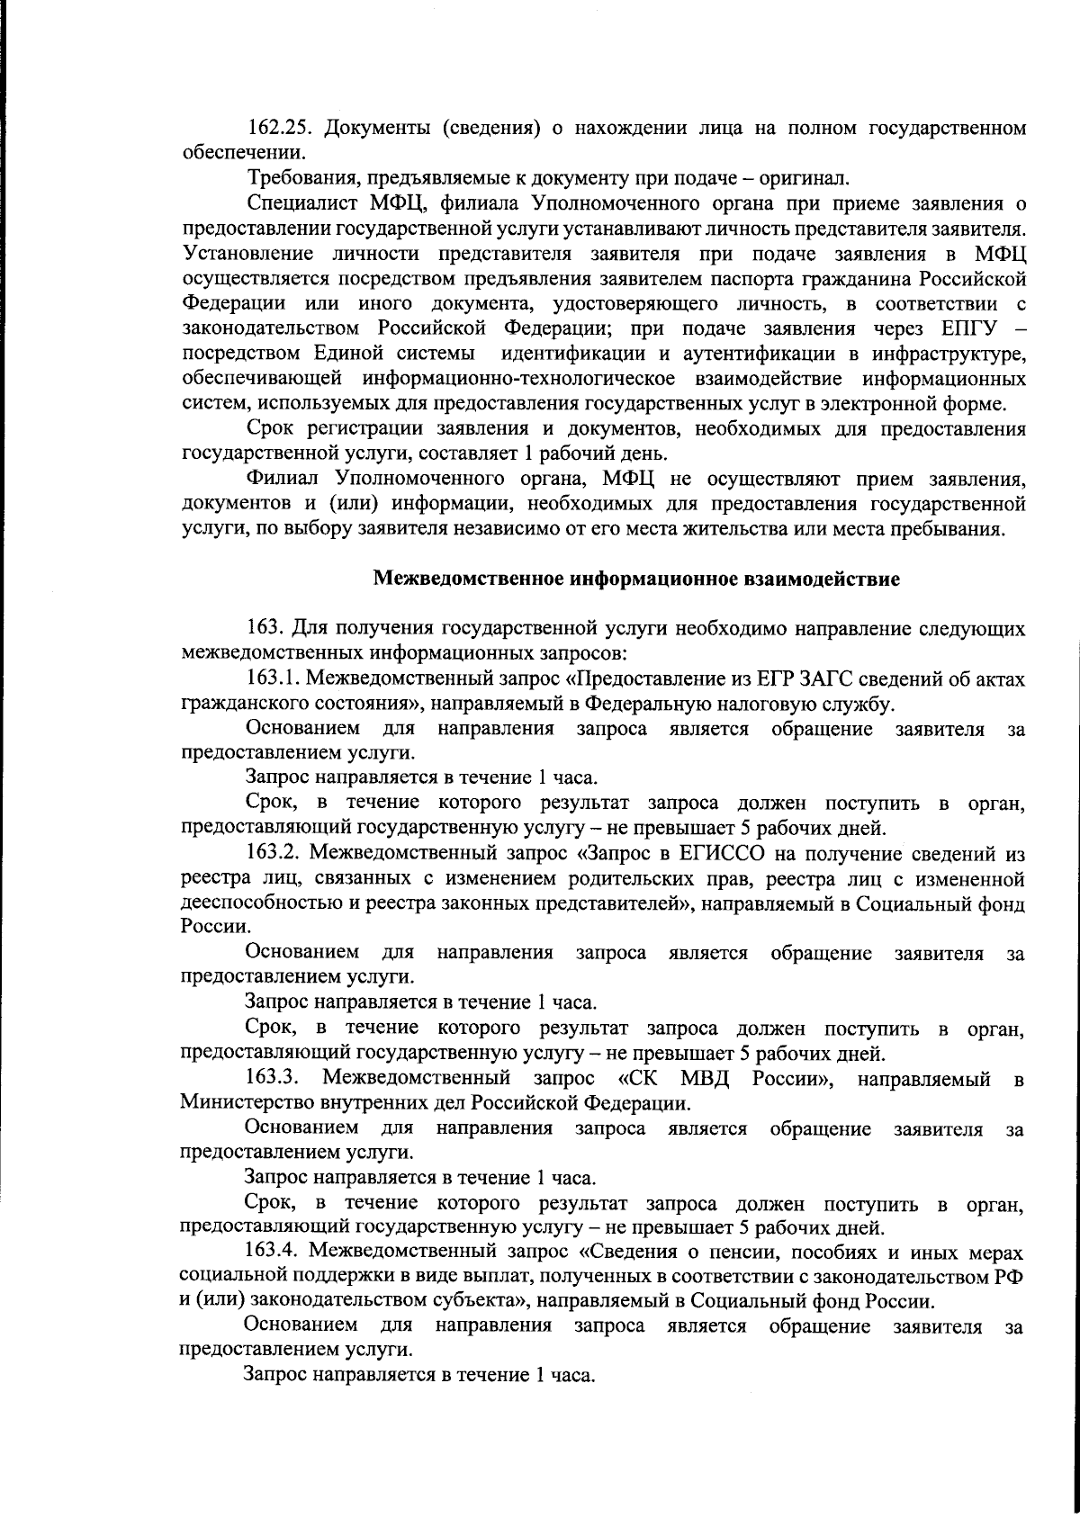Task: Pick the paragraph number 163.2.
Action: [274, 852]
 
